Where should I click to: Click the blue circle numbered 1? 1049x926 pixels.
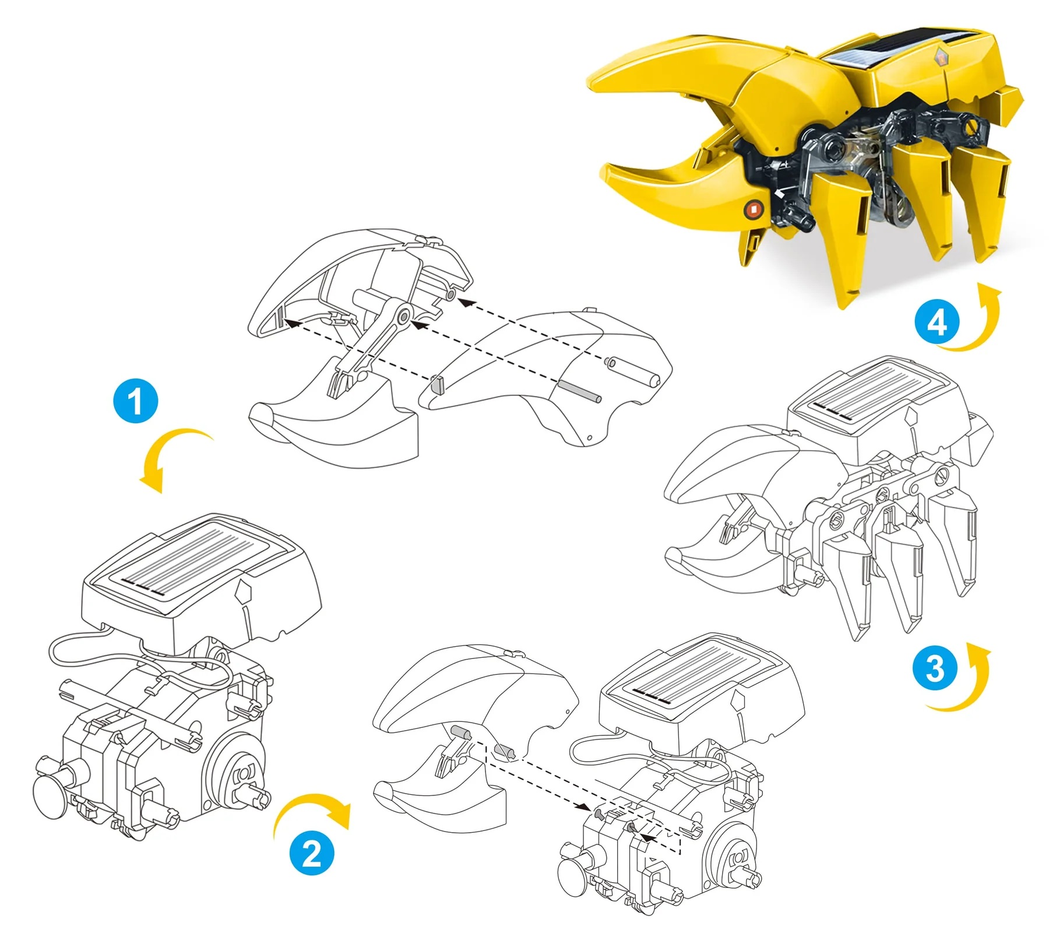[x=136, y=401]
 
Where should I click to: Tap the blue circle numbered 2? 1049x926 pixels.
[x=312, y=853]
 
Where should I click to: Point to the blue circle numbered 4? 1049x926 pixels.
[x=937, y=321]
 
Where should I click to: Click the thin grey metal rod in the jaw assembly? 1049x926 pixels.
[x=579, y=391]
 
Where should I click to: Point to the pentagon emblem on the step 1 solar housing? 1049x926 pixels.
[x=244, y=593]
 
